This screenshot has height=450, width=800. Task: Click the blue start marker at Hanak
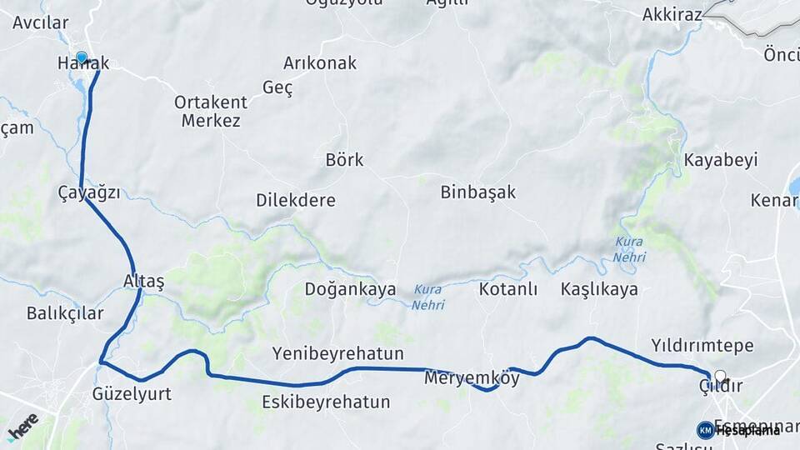coord(81,58)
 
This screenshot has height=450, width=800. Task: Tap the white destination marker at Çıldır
coord(720,377)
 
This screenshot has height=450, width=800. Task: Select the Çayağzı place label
coord(89,192)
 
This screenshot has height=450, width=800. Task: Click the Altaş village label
coord(143,281)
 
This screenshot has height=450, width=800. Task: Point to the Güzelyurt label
coord(132,394)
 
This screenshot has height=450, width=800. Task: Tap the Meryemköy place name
coord(472,378)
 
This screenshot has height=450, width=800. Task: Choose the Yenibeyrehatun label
coord(337,353)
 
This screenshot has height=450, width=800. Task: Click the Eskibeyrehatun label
coord(326,402)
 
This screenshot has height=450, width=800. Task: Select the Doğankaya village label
coord(350,289)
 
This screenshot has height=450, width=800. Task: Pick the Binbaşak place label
coord(478,192)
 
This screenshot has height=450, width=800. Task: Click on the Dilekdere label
coord(296,201)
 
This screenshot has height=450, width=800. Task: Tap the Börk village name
coord(344,159)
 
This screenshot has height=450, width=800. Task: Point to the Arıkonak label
coord(320,63)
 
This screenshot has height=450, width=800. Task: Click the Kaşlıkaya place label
coord(599,289)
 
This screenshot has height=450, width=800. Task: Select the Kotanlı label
coord(508,289)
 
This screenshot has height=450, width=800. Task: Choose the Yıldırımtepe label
coord(702,345)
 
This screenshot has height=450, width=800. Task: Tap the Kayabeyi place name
coord(721,160)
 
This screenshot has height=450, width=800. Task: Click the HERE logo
coord(22,426)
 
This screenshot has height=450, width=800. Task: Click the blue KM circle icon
coord(705,430)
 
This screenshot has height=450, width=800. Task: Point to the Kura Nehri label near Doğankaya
coord(427,297)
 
